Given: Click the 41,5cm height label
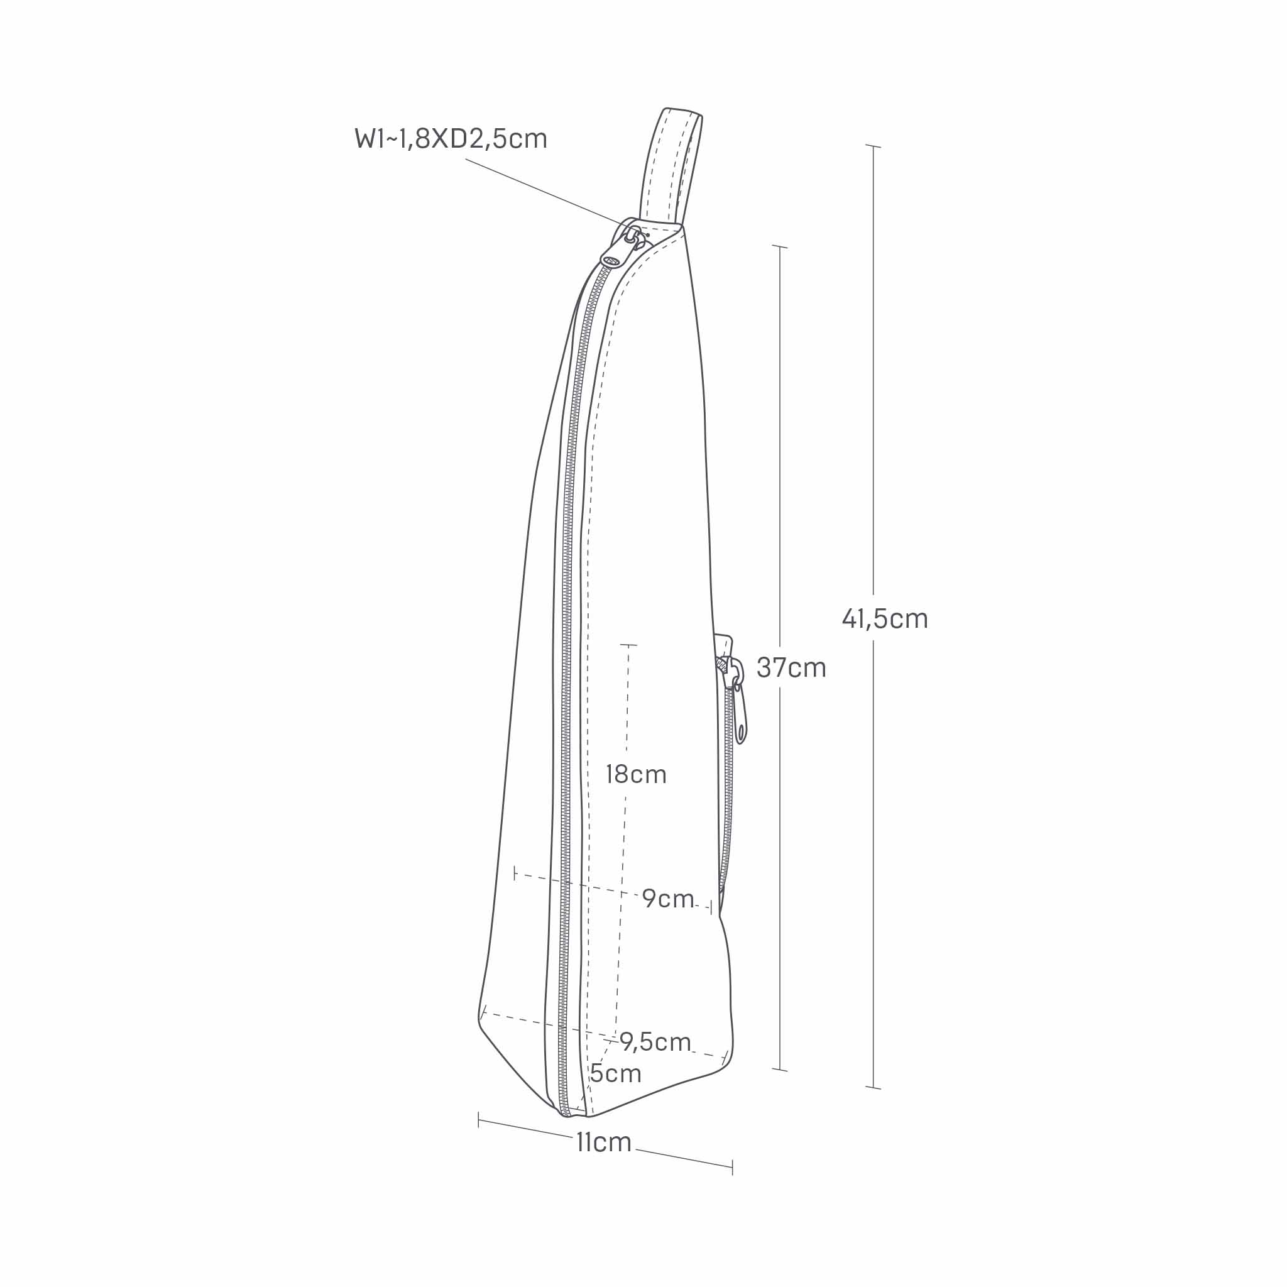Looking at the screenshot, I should click(885, 619).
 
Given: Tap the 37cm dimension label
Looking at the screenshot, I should click(791, 667).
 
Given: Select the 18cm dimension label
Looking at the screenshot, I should click(636, 774).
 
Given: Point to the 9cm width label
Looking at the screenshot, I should click(668, 899).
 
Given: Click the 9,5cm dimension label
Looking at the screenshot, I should click(655, 1041).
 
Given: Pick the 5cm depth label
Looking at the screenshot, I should click(615, 1073).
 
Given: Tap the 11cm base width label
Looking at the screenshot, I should click(603, 1142).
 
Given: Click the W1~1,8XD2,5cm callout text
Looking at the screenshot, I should click(451, 138).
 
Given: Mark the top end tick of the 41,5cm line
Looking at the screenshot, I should click(874, 146).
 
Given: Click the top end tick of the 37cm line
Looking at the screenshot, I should click(780, 247).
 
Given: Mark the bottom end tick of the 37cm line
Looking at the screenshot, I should click(780, 1070).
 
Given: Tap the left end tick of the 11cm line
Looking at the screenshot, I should click(478, 1120).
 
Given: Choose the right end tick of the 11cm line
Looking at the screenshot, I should click(733, 1166).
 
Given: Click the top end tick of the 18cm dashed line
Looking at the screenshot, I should click(628, 645).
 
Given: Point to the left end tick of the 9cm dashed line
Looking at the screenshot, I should click(515, 874).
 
